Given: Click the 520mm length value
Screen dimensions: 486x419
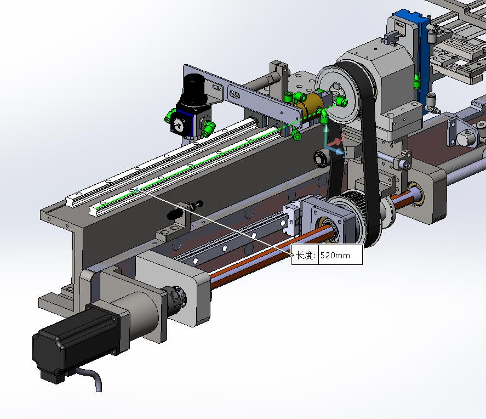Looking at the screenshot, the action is (335, 255).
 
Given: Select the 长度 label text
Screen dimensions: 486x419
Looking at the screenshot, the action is (304, 255).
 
